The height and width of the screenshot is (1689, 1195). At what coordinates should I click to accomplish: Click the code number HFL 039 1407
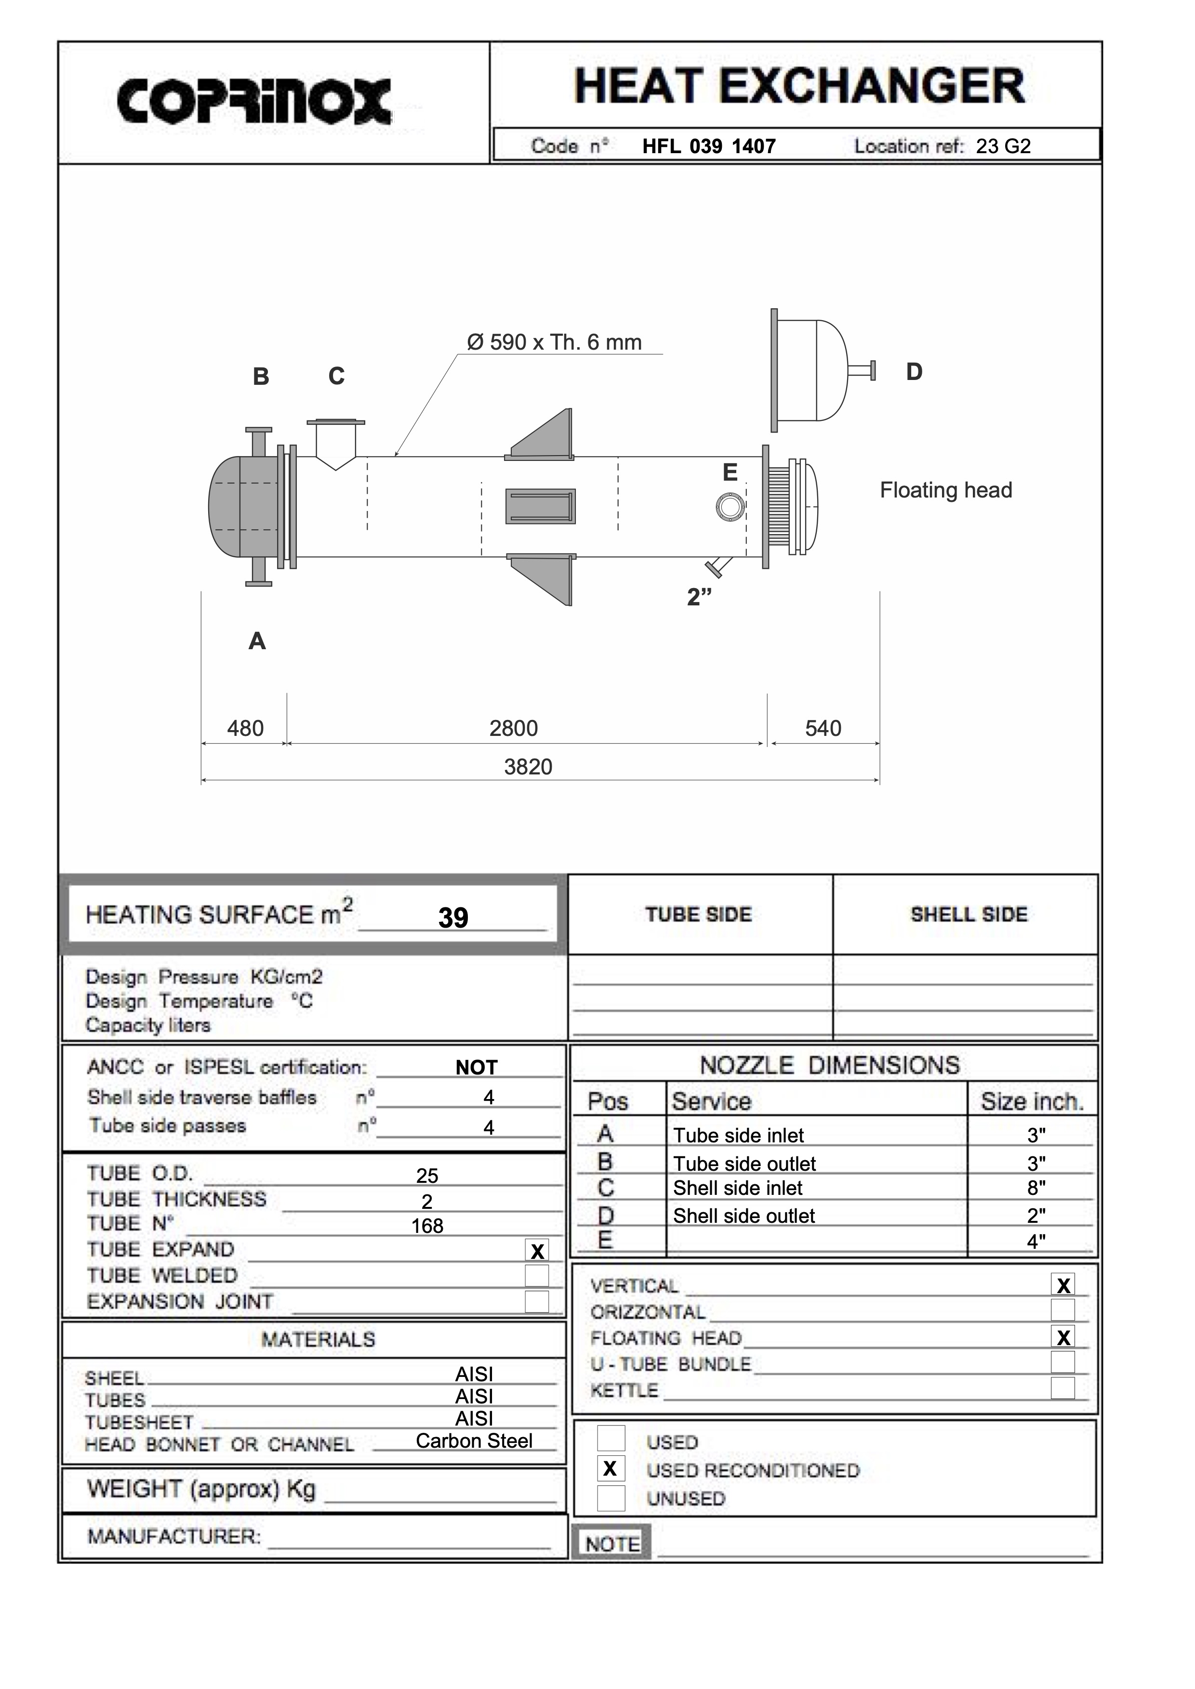pos(709,146)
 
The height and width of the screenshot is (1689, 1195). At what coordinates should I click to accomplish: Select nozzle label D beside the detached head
pos(914,372)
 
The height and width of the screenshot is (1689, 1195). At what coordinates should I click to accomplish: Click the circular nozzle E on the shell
pos(730,506)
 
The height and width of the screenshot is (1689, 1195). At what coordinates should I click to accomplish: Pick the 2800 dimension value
pos(514,728)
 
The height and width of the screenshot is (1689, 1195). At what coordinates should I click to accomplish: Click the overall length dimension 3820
pos(528,767)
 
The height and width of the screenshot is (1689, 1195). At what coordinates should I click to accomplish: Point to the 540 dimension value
pos(823,728)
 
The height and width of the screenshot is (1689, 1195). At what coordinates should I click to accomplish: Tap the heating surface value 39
pos(453,917)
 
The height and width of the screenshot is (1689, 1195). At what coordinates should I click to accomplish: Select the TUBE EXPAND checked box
pos(537,1251)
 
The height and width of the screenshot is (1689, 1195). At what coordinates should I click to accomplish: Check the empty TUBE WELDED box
pos(537,1276)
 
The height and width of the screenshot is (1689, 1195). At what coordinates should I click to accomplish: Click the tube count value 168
pos(427,1226)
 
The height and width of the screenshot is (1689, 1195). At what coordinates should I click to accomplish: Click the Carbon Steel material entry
pos(474,1440)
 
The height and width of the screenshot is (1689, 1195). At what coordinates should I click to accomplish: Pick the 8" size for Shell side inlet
pos(1036,1187)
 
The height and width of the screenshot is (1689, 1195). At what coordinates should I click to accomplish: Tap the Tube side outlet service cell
pos(744,1164)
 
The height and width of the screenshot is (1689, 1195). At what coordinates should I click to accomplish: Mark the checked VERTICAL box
pos(1062,1285)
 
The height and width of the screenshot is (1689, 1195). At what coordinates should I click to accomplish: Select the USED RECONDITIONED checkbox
pos(610,1468)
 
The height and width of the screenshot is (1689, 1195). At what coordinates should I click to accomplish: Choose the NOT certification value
pos(476,1067)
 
